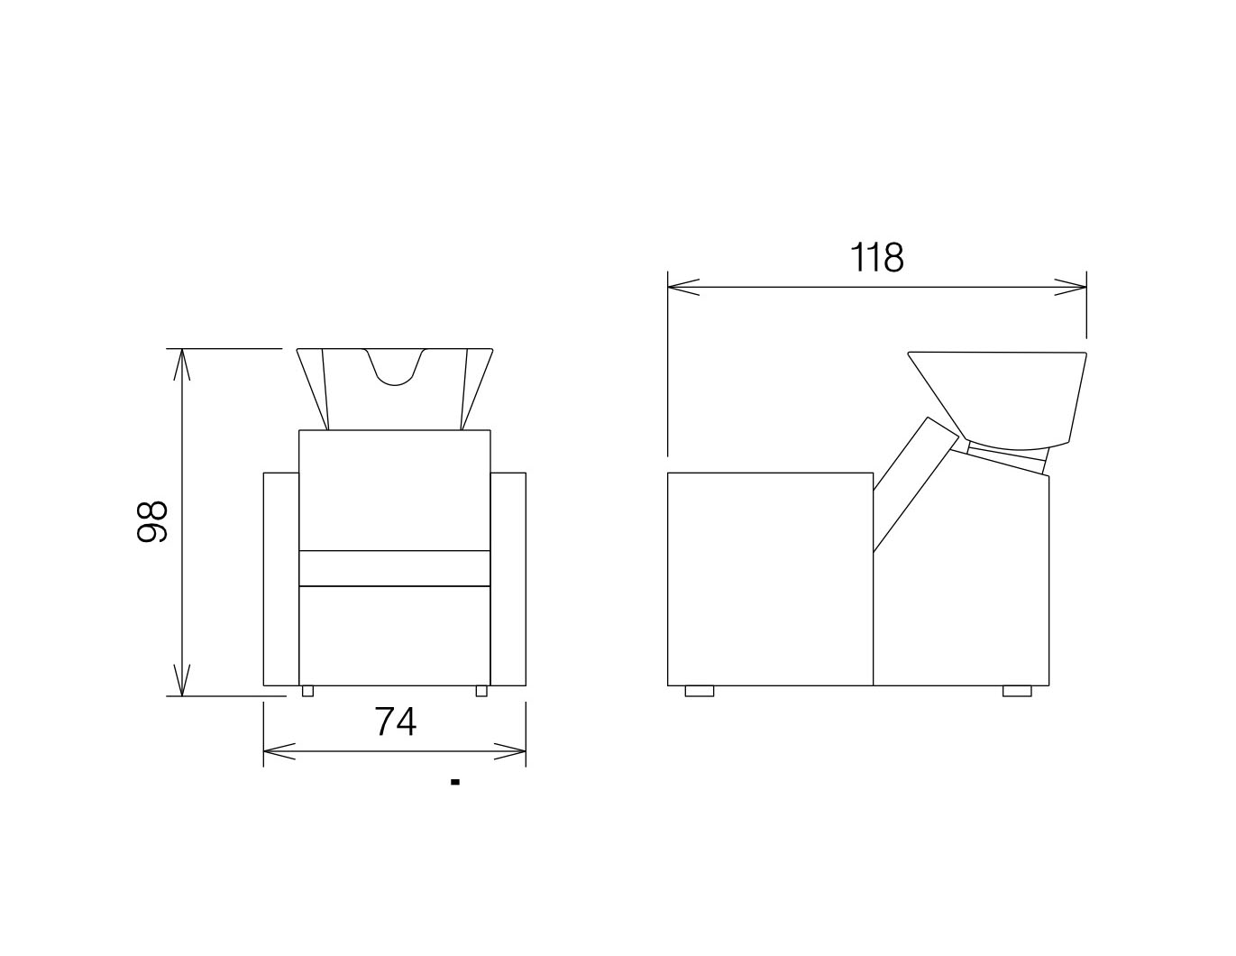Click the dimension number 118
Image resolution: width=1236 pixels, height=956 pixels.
tap(876, 258)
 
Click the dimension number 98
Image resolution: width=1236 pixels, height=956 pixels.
tap(152, 521)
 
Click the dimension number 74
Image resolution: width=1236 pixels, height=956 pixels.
tap(395, 722)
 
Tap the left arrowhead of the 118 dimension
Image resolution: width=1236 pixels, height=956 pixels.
tap(683, 288)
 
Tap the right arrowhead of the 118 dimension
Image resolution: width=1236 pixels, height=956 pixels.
tap(1070, 288)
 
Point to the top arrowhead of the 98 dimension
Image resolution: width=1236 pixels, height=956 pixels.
tap(181, 364)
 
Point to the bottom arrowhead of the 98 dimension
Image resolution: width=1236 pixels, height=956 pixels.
tap(181, 680)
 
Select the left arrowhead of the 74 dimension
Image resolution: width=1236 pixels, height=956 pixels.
tap(279, 751)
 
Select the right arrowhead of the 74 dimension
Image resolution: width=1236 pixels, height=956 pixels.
tap(509, 751)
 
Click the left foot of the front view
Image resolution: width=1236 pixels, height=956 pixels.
tap(307, 691)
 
